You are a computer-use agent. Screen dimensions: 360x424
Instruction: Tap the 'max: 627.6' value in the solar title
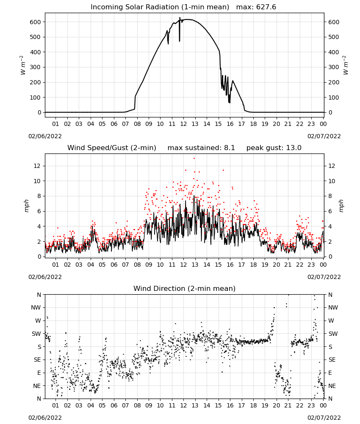click(256, 7)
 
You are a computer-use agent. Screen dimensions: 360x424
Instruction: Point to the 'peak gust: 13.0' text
click(274, 148)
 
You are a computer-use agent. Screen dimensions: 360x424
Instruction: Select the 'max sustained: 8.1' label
click(201, 148)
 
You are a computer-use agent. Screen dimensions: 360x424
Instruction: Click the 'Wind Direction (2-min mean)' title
click(185, 288)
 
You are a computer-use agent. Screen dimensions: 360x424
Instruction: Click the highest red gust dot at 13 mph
click(194, 159)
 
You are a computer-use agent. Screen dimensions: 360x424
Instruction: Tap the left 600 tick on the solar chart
click(36, 22)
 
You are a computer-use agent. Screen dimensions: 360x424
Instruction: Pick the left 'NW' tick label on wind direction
click(36, 307)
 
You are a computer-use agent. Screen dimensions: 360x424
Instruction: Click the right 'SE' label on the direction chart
click(332, 360)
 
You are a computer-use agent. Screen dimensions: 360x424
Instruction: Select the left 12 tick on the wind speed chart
click(37, 166)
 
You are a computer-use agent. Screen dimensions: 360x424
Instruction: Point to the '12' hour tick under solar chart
click(183, 124)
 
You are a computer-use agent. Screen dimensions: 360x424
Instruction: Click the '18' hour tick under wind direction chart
click(253, 405)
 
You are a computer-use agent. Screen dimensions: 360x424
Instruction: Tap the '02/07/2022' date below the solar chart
click(324, 136)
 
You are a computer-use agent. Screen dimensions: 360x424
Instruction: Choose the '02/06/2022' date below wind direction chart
click(45, 418)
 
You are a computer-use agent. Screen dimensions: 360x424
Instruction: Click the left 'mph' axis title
click(26, 206)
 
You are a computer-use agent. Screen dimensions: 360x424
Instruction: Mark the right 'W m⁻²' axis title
click(346, 65)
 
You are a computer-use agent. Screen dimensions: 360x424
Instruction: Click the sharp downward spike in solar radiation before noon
click(180, 30)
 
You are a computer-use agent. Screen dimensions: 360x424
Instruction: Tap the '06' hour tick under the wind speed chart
click(114, 265)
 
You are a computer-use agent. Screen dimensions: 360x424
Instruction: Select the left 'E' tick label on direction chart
click(39, 373)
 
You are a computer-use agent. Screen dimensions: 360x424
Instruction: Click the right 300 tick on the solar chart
click(334, 67)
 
